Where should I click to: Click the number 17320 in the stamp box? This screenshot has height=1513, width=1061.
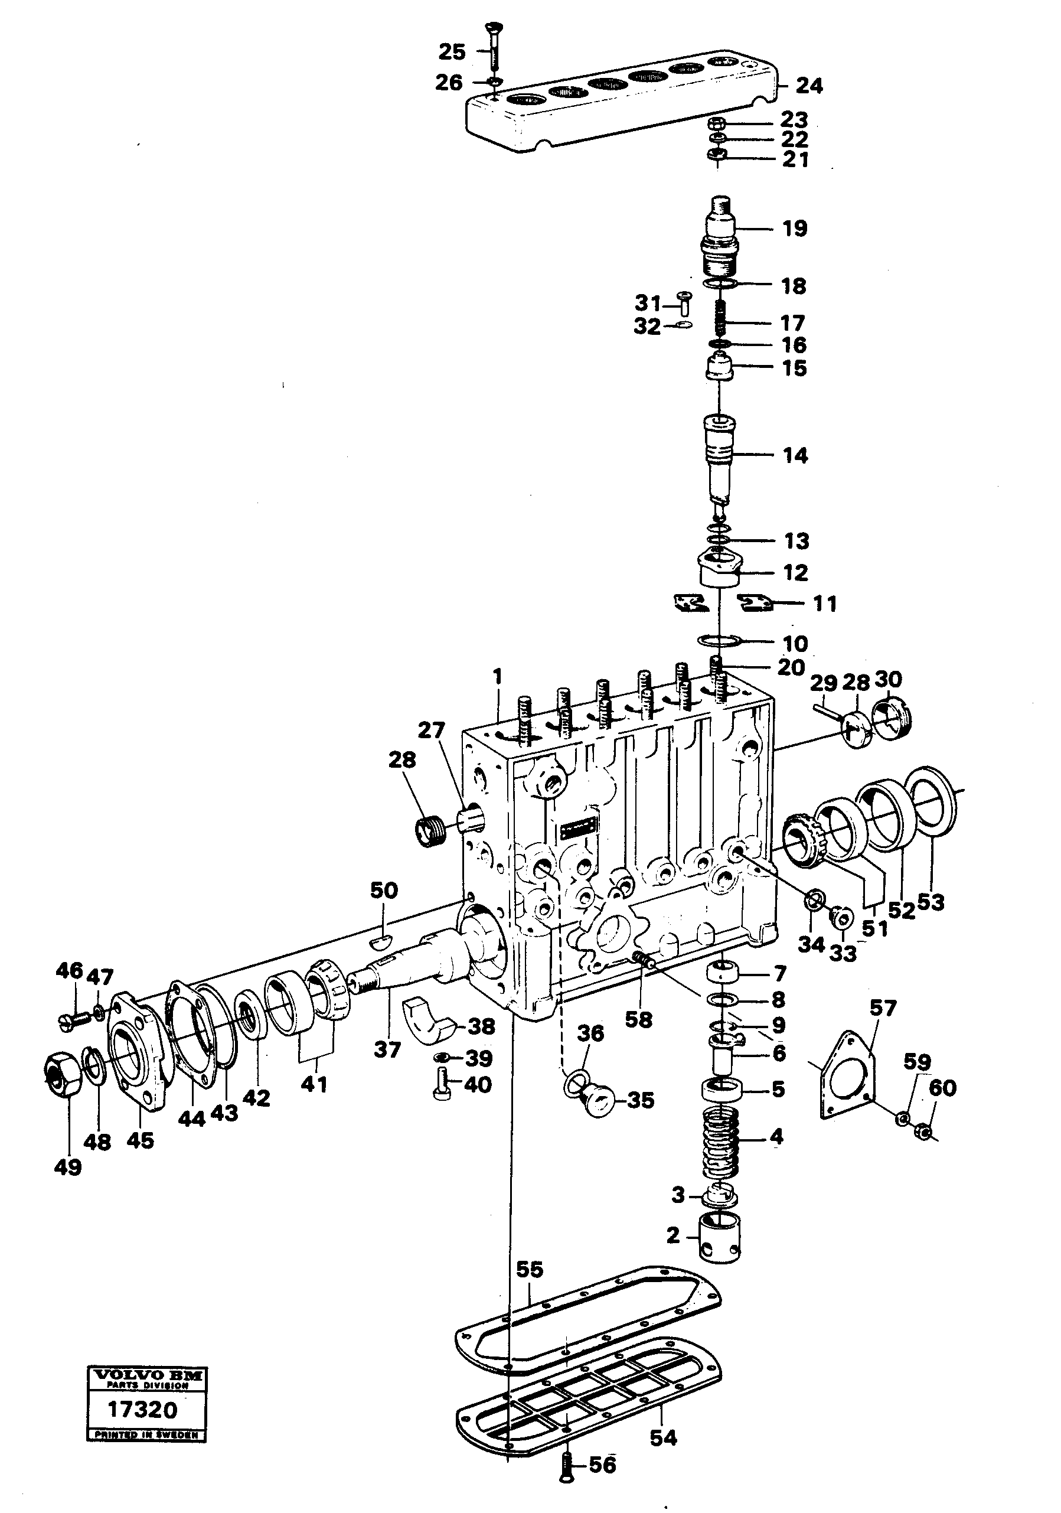(x=142, y=1410)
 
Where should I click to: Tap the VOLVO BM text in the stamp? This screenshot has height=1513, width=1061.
(x=147, y=1375)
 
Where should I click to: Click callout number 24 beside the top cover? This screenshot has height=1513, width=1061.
(x=809, y=86)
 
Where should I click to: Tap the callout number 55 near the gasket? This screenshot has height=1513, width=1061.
(x=529, y=1270)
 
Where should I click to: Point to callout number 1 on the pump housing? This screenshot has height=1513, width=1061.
(x=498, y=677)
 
